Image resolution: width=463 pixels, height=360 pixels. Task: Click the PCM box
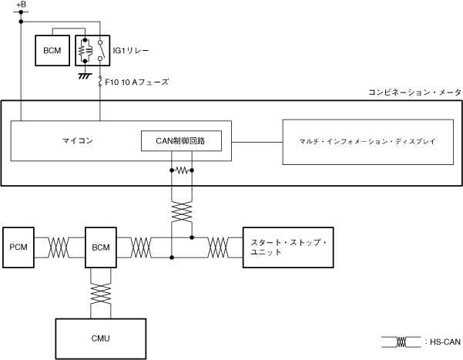(18, 247)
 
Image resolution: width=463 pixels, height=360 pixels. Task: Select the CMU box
(101, 338)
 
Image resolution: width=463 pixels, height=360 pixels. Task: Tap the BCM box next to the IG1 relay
(52, 51)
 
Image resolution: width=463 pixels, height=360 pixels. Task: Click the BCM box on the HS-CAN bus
(101, 247)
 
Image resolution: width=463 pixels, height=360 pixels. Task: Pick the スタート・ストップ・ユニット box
(288, 247)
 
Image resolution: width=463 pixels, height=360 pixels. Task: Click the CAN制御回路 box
(181, 141)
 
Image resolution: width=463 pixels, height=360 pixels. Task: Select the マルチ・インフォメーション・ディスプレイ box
(368, 142)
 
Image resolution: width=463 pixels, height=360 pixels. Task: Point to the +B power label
(21, 5)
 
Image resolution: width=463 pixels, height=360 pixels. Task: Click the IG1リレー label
(131, 51)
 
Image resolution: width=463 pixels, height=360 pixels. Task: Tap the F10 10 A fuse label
(136, 82)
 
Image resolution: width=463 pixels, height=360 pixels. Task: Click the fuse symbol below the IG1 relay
(100, 82)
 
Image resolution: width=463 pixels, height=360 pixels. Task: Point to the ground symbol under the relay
(85, 76)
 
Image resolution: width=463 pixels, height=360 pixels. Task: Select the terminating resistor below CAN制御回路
(182, 170)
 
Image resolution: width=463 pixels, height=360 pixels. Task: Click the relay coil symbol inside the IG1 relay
(85, 51)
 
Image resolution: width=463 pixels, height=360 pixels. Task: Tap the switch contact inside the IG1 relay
(100, 51)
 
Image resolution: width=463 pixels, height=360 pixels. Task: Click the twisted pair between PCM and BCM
(59, 247)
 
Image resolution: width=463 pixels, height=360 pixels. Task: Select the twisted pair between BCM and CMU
(101, 294)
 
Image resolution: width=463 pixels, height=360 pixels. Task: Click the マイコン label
(77, 140)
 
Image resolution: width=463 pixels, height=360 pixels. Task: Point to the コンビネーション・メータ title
(414, 93)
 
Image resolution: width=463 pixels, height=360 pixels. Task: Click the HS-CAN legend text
(445, 342)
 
